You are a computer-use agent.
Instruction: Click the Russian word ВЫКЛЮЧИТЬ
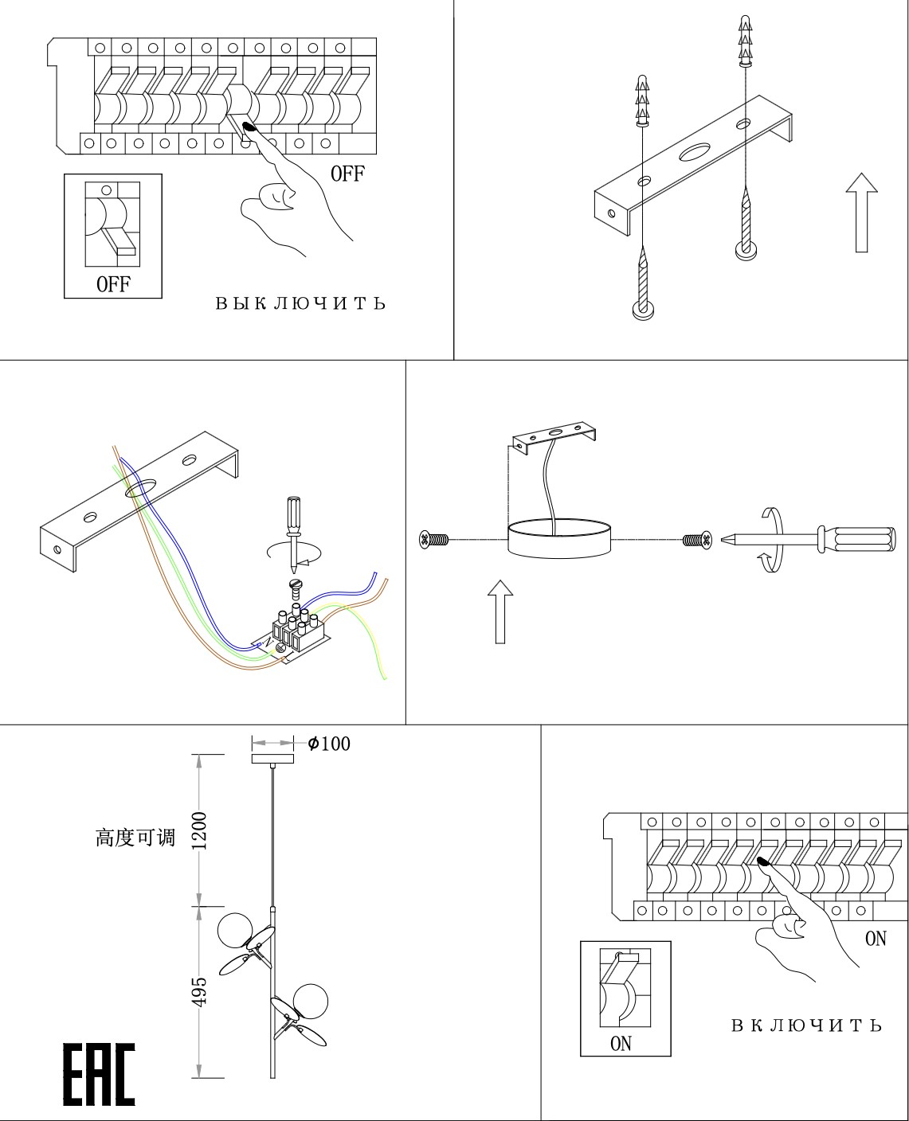pyautogui.click(x=300, y=303)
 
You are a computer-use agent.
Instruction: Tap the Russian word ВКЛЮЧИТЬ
pyautogui.click(x=806, y=1025)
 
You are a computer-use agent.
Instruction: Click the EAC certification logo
pyautogui.click(x=99, y=1075)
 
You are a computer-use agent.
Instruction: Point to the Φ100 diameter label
pyautogui.click(x=329, y=744)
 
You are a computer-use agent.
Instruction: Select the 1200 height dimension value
pyautogui.click(x=198, y=830)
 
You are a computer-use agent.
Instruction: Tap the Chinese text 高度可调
pyautogui.click(x=135, y=838)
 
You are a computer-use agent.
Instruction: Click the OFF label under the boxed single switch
pyautogui.click(x=113, y=284)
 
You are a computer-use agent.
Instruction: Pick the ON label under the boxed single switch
pyautogui.click(x=621, y=1043)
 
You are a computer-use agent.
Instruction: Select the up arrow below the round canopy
pyautogui.click(x=500, y=611)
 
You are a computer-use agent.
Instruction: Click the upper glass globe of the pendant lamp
pyautogui.click(x=236, y=931)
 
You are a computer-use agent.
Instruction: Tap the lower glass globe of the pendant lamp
pyautogui.click(x=309, y=1002)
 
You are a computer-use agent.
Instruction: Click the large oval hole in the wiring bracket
pyautogui.click(x=139, y=487)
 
